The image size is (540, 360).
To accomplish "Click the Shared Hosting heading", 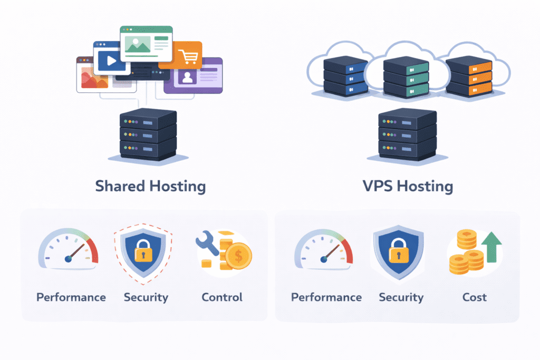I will point(150,186).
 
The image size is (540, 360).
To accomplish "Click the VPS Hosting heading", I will point(407,186).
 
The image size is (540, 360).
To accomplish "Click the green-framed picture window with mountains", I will point(146,43).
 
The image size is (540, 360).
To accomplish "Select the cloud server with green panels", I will point(406,76).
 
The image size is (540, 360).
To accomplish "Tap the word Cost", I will point(475,297).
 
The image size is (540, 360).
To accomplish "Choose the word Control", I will point(222,297).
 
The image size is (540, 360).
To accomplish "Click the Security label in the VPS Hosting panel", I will point(401,297).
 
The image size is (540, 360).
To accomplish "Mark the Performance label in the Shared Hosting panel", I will point(71,297).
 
